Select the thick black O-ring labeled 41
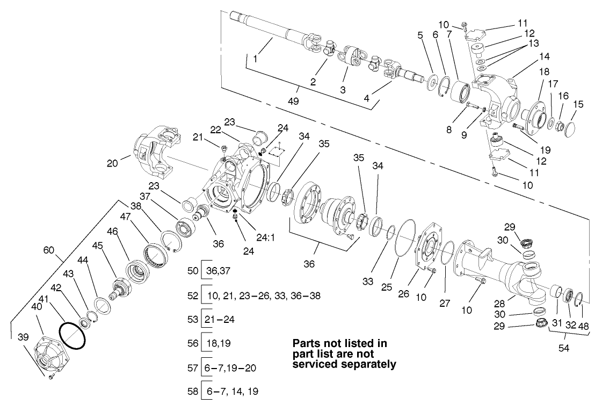coord(72,336)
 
